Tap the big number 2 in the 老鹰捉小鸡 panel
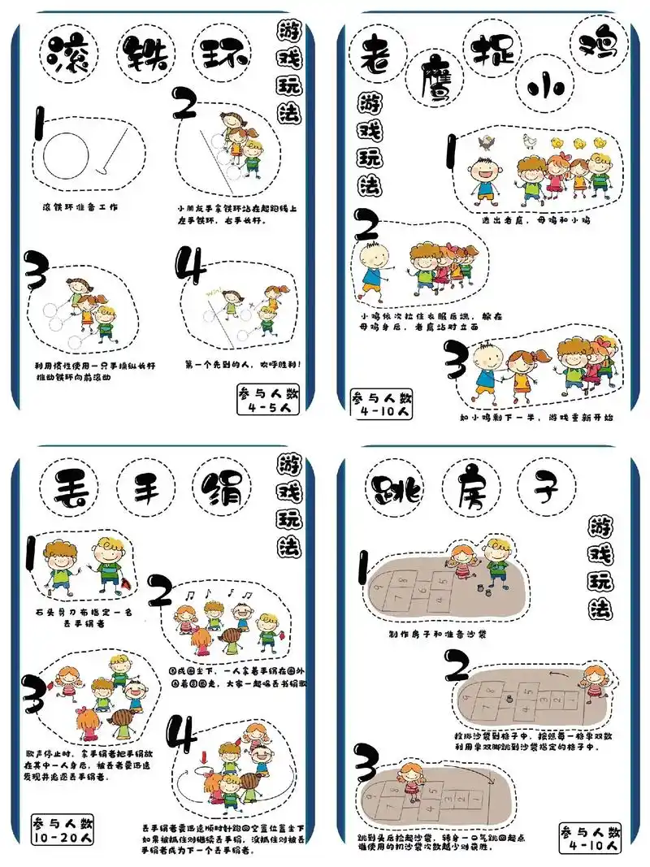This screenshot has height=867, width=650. pyautogui.click(x=368, y=224)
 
